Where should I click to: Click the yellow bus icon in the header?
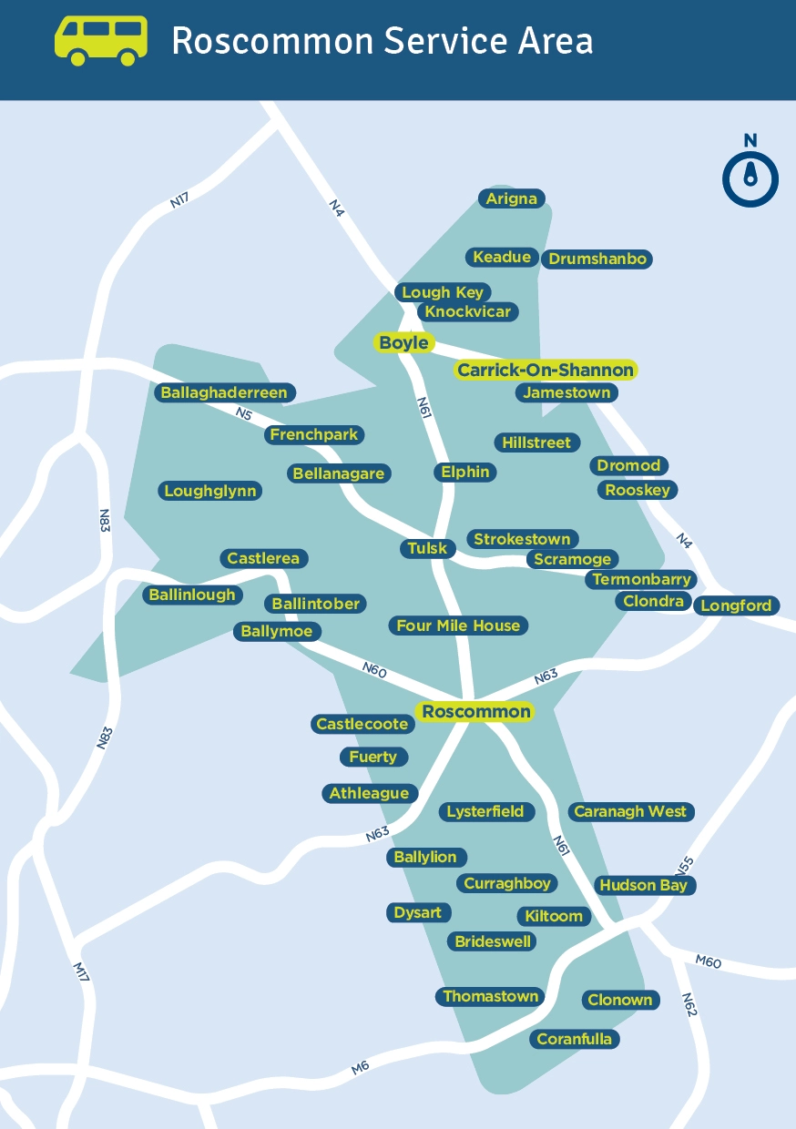(100, 40)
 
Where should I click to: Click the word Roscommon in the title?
(272, 41)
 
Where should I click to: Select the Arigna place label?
(512, 198)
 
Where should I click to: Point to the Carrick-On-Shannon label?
(545, 370)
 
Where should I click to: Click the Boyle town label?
(403, 343)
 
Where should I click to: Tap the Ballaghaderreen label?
(224, 393)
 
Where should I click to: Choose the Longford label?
(735, 605)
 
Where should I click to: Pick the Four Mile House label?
(458, 626)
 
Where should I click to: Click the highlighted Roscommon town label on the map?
(475, 711)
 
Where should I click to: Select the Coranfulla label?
(574, 1039)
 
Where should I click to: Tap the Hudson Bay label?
(643, 885)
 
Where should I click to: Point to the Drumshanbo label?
(597, 259)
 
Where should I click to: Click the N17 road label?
(179, 198)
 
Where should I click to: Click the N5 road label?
(243, 414)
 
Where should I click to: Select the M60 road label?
(708, 961)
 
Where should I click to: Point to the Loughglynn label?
(210, 491)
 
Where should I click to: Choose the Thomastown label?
(491, 996)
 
